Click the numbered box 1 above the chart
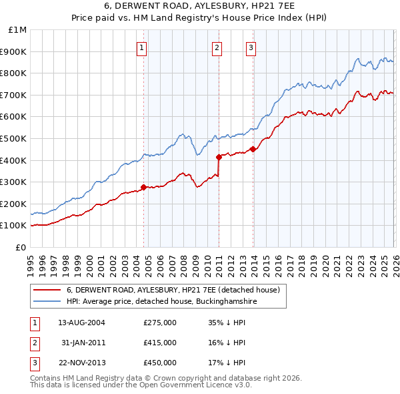tap(143, 47)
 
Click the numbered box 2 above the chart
tap(218, 47)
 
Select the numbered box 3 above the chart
tap(251, 47)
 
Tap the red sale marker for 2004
tap(143, 188)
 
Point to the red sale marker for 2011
tap(219, 157)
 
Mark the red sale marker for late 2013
tap(253, 149)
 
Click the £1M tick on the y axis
tap(18, 30)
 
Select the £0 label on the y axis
tap(21, 247)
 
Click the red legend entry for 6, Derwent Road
tap(177, 290)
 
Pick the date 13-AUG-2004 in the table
tap(81, 322)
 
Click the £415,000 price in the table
tap(160, 343)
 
